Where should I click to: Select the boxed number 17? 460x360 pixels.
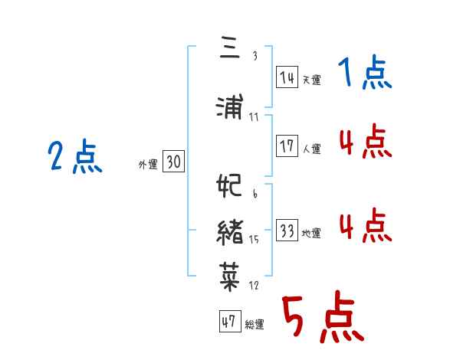coord(287,146)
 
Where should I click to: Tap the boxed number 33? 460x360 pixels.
coord(287,231)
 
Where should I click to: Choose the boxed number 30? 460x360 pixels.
coord(173,162)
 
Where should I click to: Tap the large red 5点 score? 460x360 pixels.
coord(322,319)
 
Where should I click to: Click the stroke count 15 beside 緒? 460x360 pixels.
coord(254,240)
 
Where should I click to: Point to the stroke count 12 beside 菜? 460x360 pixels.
coord(254,286)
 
